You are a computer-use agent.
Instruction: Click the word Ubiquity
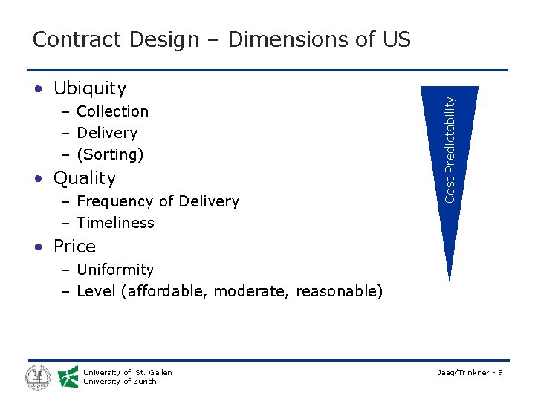90,88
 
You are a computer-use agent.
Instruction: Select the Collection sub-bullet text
112,111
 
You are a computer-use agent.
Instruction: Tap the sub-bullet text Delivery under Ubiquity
107,133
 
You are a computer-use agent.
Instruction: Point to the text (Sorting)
110,154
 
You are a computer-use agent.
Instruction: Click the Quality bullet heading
85,178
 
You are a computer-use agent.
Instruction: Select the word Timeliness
115,223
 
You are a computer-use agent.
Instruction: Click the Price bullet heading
74,247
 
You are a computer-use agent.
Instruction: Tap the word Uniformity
115,270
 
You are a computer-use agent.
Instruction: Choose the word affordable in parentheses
167,291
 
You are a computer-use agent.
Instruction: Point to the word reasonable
336,291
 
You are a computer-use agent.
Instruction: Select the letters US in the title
395,39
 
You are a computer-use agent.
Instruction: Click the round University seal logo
38,377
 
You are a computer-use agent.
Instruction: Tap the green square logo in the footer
68,377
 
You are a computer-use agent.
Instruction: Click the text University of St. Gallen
128,373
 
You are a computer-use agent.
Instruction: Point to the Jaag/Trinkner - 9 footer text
471,372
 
